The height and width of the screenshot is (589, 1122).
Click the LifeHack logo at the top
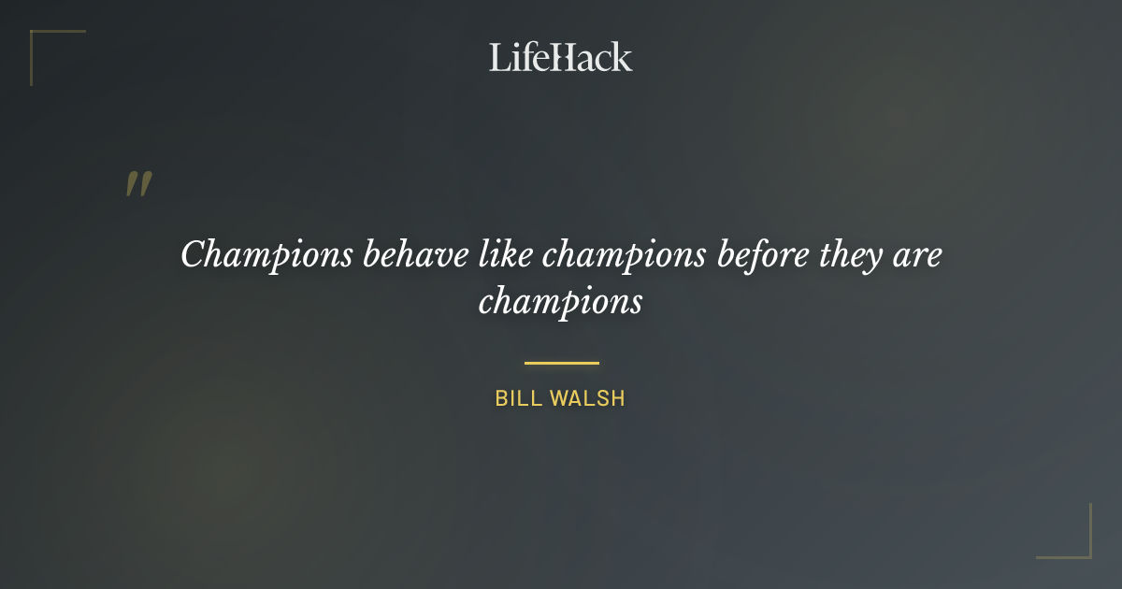pos(561,57)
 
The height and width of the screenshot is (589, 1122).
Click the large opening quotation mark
pos(138,184)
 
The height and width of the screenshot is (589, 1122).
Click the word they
pos(860,255)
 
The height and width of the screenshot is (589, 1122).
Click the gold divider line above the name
pos(561,363)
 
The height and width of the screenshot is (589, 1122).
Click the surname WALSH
pos(587,398)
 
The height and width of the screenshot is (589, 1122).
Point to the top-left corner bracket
pos(37,37)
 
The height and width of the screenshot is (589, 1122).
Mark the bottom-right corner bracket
pos(1085,552)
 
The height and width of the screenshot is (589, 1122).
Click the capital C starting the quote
pos(192,254)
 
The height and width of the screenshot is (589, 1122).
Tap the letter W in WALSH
pos(559,398)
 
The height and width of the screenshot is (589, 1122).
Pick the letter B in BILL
pos(501,398)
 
